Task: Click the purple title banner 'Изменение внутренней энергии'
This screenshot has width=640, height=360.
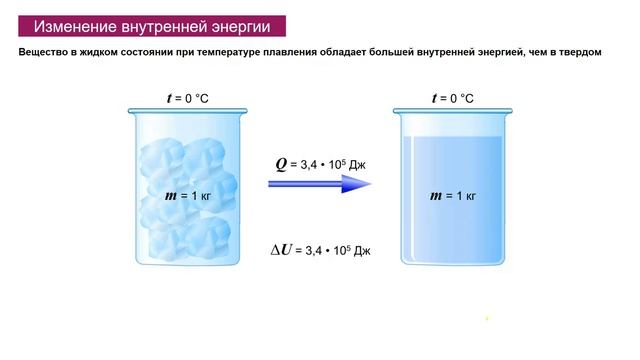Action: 152,26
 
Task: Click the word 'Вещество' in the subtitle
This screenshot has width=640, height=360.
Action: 46,53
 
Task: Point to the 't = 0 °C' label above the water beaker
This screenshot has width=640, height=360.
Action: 452,98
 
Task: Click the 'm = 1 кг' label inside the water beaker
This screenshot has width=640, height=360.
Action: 453,195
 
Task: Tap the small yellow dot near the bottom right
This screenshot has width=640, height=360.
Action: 487,320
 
